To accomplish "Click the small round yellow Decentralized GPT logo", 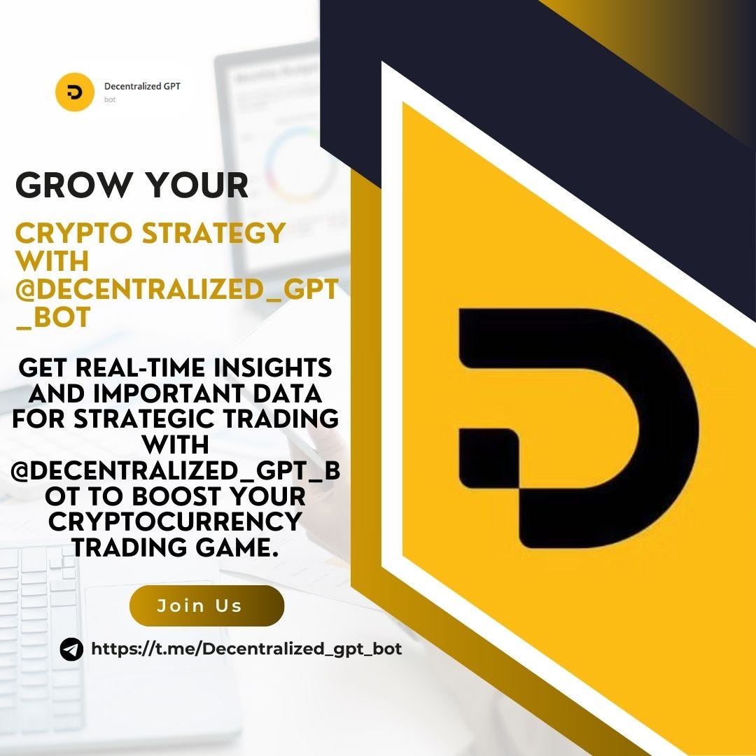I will pyautogui.click(x=75, y=92).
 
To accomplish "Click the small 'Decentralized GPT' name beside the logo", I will pyautogui.click(x=142, y=87).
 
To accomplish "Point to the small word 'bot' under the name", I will pyautogui.click(x=110, y=100).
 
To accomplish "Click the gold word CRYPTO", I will pyautogui.click(x=71, y=233).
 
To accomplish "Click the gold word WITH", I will pyautogui.click(x=52, y=262).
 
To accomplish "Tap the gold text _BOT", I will pyautogui.click(x=52, y=318).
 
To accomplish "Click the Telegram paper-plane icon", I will pyautogui.click(x=71, y=650).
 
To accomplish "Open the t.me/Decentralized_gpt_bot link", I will pyautogui.click(x=246, y=649).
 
